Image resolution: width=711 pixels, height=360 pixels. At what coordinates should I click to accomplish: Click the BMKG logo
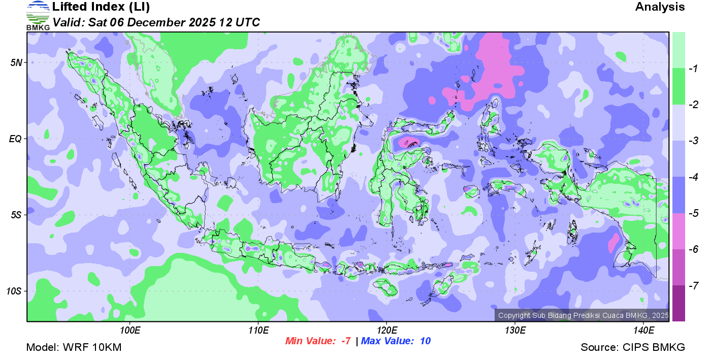(38, 15)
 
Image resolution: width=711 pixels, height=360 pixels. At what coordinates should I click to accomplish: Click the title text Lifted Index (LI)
(101, 7)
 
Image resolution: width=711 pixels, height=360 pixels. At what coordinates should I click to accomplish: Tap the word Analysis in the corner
(660, 7)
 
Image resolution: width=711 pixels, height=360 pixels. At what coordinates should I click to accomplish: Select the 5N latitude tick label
(17, 62)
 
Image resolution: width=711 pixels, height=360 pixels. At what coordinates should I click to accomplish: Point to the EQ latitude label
(16, 139)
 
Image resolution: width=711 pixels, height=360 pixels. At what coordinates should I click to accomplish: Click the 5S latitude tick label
(17, 215)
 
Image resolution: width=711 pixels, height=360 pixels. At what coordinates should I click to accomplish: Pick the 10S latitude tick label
(15, 291)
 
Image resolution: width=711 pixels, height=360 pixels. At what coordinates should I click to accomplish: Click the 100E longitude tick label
(130, 330)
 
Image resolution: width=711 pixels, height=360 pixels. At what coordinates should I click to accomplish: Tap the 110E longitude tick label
(258, 330)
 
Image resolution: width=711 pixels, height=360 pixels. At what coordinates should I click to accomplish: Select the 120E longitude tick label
(386, 330)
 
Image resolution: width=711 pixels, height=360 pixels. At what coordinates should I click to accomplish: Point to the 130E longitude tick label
(515, 330)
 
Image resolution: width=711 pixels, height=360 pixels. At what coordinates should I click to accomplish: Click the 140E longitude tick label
(643, 330)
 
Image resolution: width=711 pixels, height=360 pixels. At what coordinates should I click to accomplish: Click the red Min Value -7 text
(318, 341)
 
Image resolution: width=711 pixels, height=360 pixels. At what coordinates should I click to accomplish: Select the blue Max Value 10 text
(396, 341)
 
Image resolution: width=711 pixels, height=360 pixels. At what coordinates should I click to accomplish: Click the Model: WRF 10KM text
(74, 348)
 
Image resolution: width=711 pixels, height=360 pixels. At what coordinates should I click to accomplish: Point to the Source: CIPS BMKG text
(633, 348)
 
